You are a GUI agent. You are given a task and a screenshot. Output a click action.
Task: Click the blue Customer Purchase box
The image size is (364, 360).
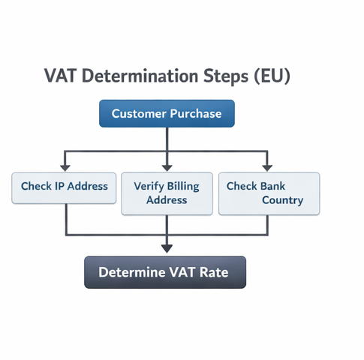pos(167,113)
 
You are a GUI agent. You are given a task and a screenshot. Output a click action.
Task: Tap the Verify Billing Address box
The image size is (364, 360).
pos(167,193)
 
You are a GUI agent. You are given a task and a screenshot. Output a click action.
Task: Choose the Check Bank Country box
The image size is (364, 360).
pos(269,193)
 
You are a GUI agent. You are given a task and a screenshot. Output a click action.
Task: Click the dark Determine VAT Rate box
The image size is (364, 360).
pos(164,272)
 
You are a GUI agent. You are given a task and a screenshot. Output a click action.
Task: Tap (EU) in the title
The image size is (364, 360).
pos(272,76)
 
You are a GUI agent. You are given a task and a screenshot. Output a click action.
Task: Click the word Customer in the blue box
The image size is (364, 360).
pos(140,114)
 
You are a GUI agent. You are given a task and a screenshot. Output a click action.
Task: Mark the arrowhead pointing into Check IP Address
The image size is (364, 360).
pos(65,167)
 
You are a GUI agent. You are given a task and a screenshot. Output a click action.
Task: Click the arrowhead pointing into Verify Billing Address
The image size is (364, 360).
pos(167,167)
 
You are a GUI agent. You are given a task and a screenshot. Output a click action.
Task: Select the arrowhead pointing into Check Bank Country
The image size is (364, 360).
pos(266,167)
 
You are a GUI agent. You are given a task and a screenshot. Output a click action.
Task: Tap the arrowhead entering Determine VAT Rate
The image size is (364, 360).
pos(167,248)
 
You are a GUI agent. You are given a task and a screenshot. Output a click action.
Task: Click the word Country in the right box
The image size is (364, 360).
pos(282,200)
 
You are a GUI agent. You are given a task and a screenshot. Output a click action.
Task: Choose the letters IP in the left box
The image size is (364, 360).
pos(62,187)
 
